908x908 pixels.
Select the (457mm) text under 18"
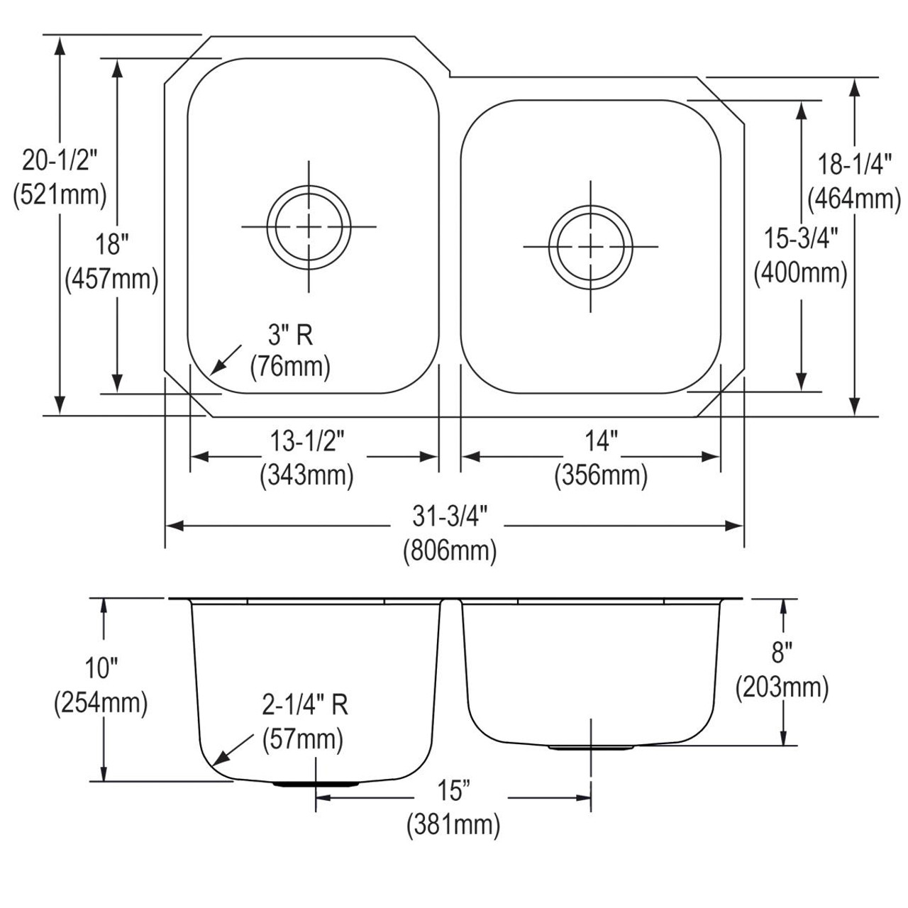pyautogui.click(x=111, y=279)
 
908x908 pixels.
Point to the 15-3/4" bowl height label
pyautogui.click(x=801, y=239)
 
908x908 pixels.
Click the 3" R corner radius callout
pyautogui.click(x=289, y=334)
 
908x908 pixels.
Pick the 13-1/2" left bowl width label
pyautogui.click(x=306, y=442)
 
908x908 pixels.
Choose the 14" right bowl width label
pyautogui.click(x=601, y=442)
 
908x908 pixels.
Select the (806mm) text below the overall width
pyautogui.click(x=450, y=550)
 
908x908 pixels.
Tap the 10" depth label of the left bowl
pyautogui.click(x=101, y=668)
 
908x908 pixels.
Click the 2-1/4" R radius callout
pyautogui.click(x=305, y=705)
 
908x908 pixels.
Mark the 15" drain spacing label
pyautogui.click(x=453, y=790)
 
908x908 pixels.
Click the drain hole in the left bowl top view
pyautogui.click(x=309, y=227)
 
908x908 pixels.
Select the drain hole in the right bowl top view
pyautogui.click(x=591, y=246)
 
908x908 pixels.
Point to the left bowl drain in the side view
pyautogui.click(x=316, y=785)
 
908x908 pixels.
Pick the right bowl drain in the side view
pyautogui.click(x=591, y=748)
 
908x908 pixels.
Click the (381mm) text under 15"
pyautogui.click(x=453, y=825)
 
